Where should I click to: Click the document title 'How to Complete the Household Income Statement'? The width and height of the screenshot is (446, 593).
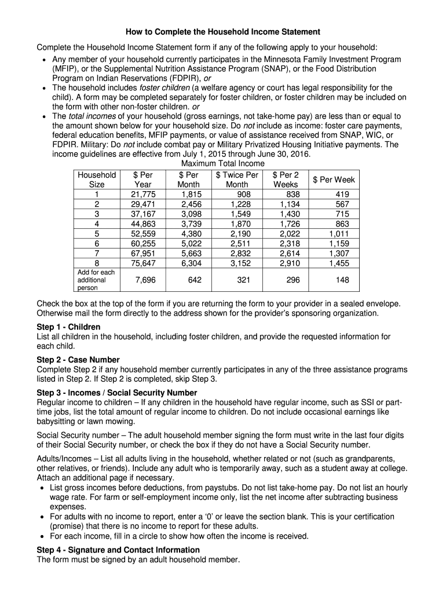click(x=223, y=31)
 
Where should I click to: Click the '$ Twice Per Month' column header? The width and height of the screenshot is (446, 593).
click(x=237, y=180)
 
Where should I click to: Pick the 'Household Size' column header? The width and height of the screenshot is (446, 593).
click(x=97, y=180)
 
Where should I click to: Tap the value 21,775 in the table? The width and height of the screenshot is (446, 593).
click(x=142, y=195)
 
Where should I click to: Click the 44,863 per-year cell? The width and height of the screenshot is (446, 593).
click(x=142, y=224)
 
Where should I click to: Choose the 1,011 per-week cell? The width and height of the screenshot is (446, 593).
click(x=339, y=234)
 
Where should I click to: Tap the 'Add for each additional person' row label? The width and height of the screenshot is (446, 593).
click(x=96, y=280)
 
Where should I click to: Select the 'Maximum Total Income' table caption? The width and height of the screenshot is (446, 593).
click(x=223, y=164)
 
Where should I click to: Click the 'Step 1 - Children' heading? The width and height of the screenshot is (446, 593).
click(x=68, y=327)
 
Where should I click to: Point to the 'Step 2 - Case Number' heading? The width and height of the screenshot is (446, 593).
click(x=78, y=360)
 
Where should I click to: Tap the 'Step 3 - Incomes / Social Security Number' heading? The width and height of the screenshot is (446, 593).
click(x=116, y=393)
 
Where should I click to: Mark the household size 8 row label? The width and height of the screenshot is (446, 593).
click(x=97, y=263)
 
